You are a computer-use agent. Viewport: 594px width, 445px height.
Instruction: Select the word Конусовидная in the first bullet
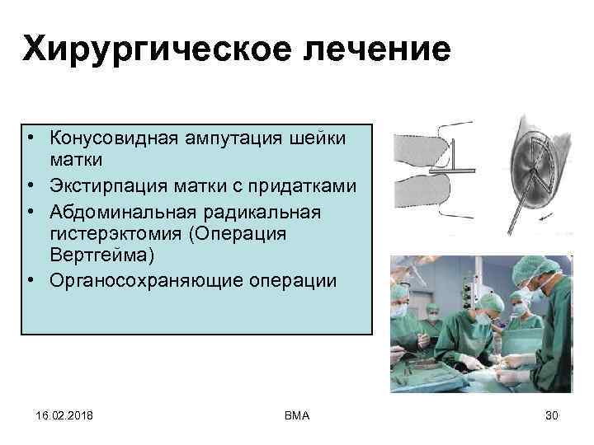(107, 137)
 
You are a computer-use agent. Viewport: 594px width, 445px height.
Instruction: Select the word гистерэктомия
(115, 233)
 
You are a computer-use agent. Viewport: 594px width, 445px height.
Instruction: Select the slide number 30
(552, 415)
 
